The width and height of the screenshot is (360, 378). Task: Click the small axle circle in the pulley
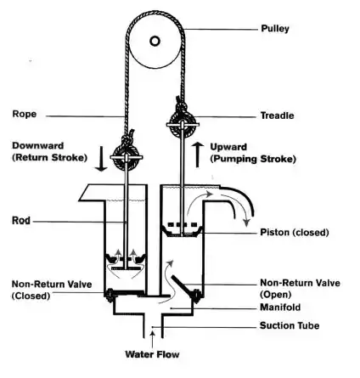tap(155, 41)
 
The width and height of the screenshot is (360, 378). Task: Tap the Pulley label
tap(275, 29)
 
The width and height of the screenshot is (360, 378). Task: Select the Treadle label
tap(277, 116)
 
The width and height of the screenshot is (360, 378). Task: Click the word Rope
tap(25, 115)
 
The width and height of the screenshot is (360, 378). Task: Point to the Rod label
tap(21, 221)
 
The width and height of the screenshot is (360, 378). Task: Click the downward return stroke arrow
tap(101, 159)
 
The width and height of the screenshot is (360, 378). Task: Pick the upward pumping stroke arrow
tap(198, 155)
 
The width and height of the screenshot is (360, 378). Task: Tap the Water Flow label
tap(152, 354)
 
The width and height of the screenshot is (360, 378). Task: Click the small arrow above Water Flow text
tap(153, 339)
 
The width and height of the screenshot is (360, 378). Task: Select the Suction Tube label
tap(290, 325)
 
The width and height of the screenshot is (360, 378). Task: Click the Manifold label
tap(280, 307)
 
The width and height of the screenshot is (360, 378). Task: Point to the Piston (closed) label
tap(295, 233)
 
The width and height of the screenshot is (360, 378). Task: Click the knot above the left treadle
tap(127, 138)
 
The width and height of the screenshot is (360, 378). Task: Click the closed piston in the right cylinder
tap(182, 229)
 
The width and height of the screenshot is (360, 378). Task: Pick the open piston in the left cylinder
tap(126, 261)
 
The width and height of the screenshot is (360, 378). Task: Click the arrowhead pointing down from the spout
tap(247, 223)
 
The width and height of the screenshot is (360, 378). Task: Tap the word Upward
tap(228, 147)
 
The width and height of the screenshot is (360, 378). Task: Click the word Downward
tap(37, 145)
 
